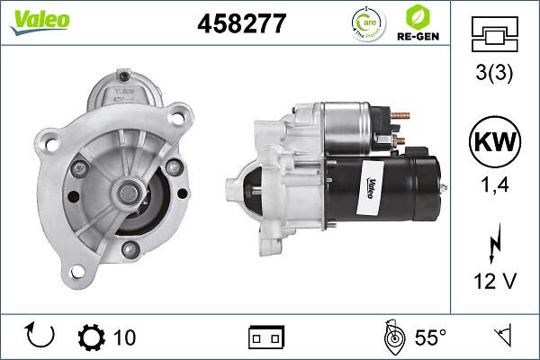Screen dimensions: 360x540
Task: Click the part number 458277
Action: point(241,24)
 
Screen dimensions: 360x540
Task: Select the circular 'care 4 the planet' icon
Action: point(368,24)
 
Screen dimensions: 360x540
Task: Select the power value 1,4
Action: point(495,186)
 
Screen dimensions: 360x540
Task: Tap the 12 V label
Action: point(495,281)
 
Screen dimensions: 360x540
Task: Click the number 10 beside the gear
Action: point(125,337)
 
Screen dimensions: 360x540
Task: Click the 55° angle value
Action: point(429,337)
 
